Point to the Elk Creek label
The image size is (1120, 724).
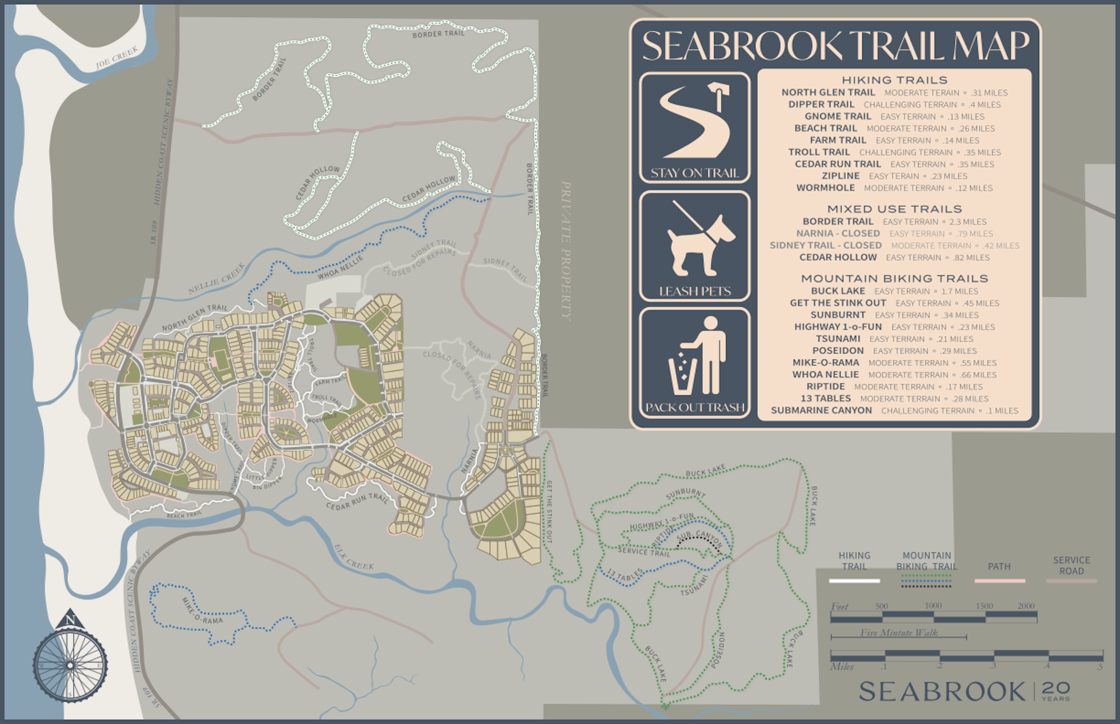coord(354,557)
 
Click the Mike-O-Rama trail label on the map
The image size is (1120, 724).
coord(202,611)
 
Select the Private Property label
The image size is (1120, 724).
coord(566,251)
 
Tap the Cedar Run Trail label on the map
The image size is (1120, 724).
coord(357,502)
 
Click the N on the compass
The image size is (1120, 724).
coord(70,620)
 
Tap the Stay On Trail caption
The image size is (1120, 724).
coord(695,173)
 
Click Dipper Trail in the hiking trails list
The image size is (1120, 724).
coord(821,104)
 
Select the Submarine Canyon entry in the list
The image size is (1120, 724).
coord(821,410)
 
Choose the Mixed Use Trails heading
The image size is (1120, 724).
coord(894,209)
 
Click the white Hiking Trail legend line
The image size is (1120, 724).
coord(854,581)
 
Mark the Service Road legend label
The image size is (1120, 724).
coord(1071,566)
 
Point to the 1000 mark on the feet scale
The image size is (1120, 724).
coord(933,605)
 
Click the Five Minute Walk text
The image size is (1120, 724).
coord(899,633)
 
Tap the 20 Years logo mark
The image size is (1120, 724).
coord(1055,691)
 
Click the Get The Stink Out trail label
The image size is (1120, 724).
coord(549,512)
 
